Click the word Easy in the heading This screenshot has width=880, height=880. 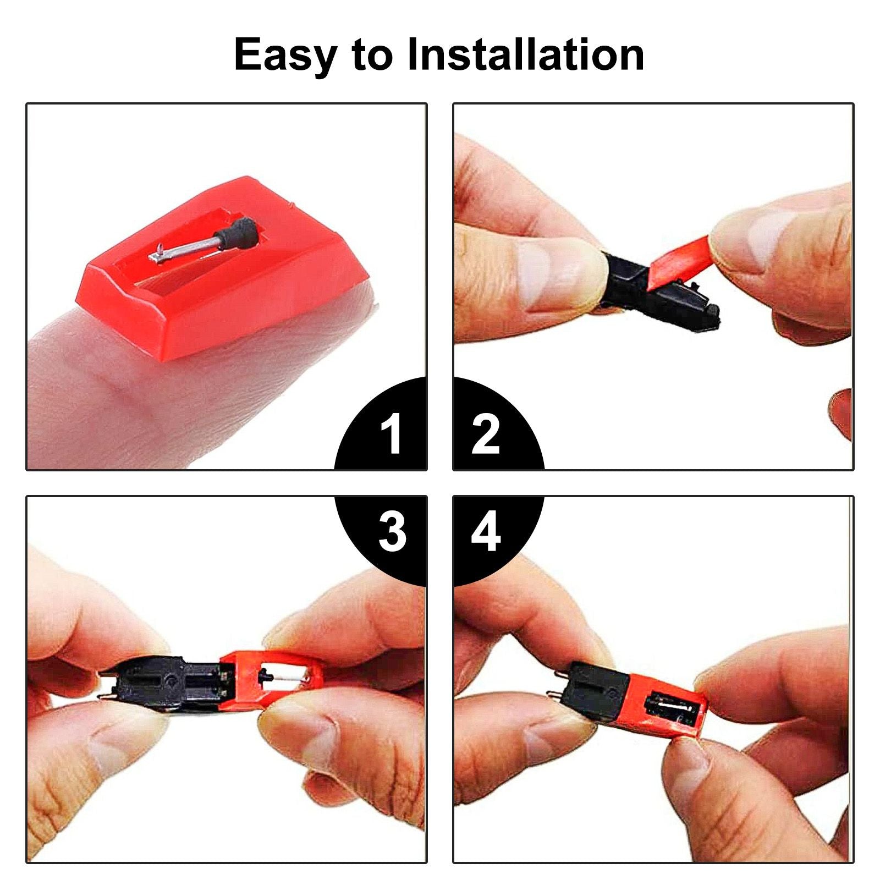285,56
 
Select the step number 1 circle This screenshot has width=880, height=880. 382,424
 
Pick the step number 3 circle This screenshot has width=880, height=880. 382,541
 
